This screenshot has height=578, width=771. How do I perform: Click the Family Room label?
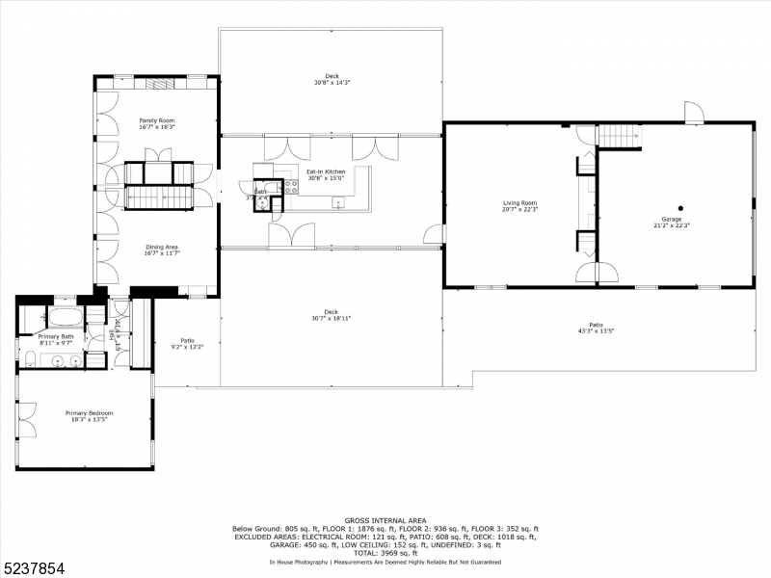[157, 119]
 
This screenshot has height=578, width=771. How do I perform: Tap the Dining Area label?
[161, 247]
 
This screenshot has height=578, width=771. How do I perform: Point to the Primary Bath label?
[55, 336]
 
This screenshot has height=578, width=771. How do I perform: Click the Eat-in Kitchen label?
[326, 171]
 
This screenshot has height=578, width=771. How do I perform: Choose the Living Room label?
[519, 203]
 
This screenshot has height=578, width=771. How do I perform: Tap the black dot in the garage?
[679, 208]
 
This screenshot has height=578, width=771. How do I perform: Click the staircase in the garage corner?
[620, 136]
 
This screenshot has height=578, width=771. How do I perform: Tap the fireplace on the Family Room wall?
[160, 83]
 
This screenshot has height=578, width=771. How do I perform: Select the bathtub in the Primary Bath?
[66, 317]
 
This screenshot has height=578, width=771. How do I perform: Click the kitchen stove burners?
[290, 187]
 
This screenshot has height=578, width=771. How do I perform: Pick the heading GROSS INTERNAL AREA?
[385, 521]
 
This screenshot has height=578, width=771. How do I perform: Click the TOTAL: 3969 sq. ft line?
[385, 552]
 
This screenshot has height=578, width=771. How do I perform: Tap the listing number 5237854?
[35, 569]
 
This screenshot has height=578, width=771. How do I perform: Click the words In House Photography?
[298, 562]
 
